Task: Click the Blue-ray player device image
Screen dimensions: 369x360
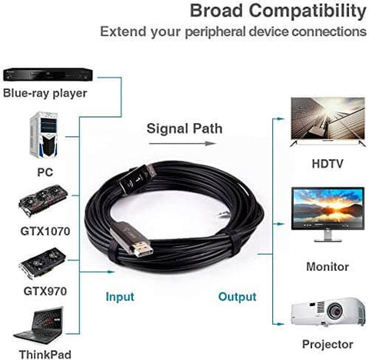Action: tap(48, 75)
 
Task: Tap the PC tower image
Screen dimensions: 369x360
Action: tap(44, 135)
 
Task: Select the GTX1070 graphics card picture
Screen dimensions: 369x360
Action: tap(43, 201)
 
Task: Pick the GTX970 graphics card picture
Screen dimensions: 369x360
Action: tap(42, 263)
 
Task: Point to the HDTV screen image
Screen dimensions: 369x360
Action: tap(327, 122)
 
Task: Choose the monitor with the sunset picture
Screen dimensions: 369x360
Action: tap(327, 215)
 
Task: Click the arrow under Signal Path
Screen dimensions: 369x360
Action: tap(182, 144)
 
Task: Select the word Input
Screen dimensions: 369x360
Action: tap(120, 297)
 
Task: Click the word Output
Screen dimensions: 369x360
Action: tap(238, 297)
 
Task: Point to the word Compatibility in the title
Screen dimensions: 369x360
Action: tap(307, 12)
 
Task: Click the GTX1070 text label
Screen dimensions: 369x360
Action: tap(45, 232)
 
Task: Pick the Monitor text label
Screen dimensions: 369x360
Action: tap(327, 267)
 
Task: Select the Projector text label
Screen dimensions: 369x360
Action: tap(327, 344)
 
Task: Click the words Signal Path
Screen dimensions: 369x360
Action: tap(184, 128)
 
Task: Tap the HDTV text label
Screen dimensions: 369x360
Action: tap(327, 164)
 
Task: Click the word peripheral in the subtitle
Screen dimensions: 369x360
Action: tap(215, 32)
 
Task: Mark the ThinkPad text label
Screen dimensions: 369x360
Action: tap(45, 355)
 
